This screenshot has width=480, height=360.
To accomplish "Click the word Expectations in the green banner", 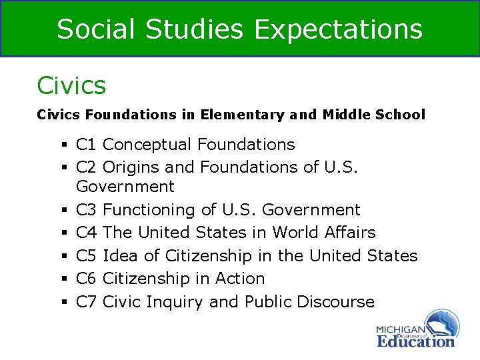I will pyautogui.click(x=339, y=29).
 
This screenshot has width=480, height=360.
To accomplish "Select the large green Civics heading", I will pyautogui.click(x=71, y=85).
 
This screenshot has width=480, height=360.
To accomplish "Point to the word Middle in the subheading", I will pyautogui.click(x=346, y=115).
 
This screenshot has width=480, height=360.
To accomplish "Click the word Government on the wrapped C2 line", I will pyautogui.click(x=125, y=187).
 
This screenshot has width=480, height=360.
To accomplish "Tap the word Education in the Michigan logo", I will pyautogui.click(x=415, y=341).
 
